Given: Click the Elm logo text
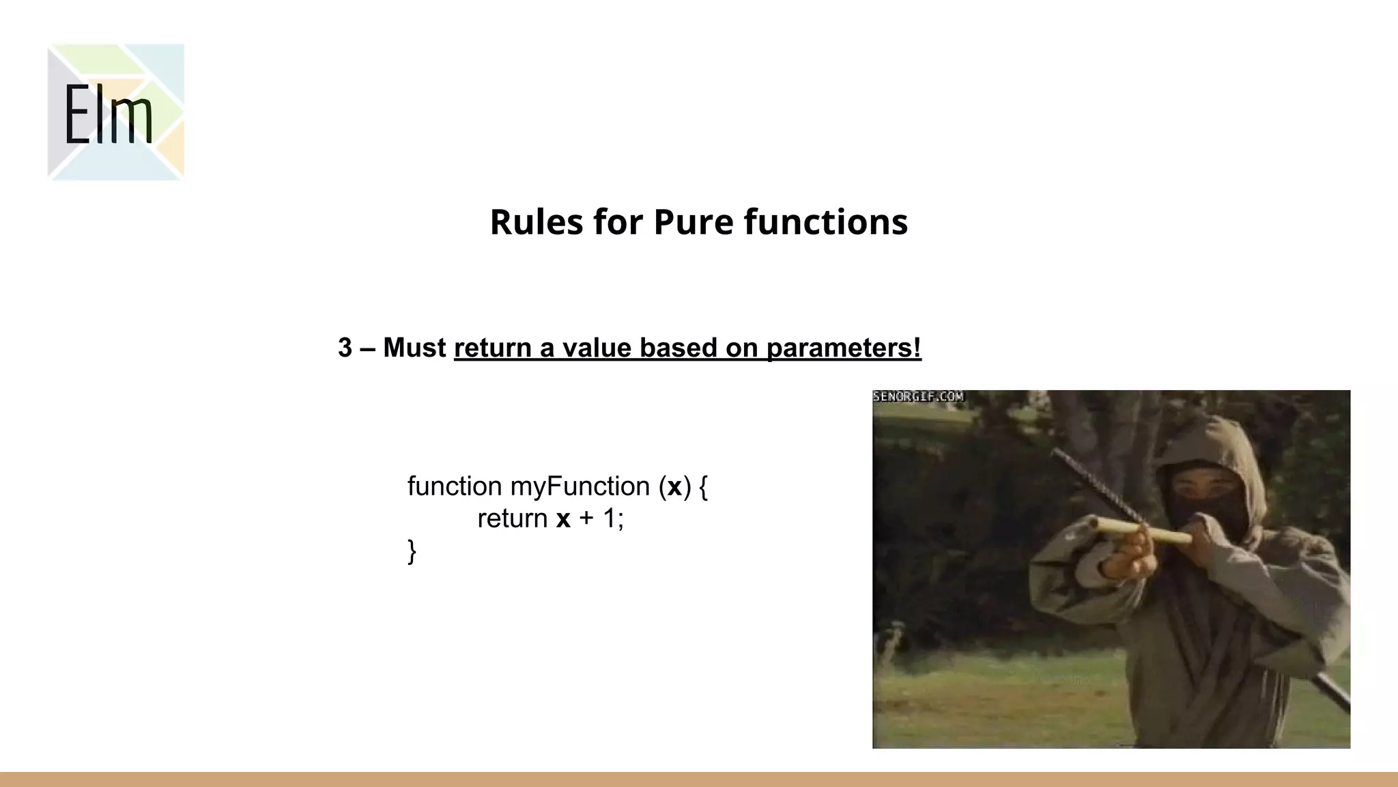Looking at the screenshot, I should tap(109, 115).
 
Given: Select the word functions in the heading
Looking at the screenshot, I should tap(825, 222).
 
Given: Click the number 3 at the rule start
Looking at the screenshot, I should tap(345, 348).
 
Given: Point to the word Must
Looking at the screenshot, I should tap(414, 348).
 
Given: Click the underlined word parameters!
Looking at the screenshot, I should tap(844, 348).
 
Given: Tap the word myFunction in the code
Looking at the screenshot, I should tap(580, 486).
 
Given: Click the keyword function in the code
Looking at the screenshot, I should tap(455, 486).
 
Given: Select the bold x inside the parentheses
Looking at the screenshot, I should tap(674, 486).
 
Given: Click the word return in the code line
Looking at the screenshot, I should tap(512, 519).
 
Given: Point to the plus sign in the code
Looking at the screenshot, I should tap(586, 519).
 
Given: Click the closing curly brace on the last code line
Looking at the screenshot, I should tap(412, 551).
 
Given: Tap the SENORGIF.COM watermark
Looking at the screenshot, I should tap(918, 396).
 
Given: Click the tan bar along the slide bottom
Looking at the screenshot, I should tap(699, 779).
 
